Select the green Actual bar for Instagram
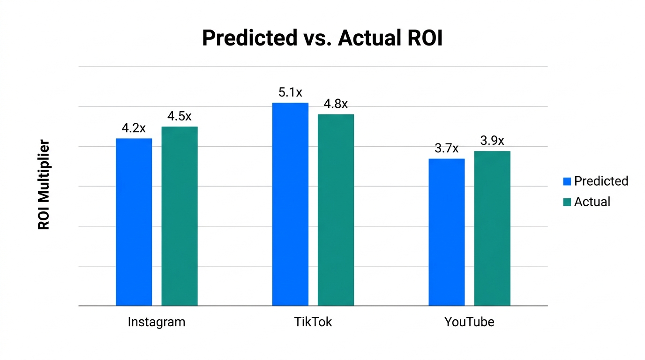[180, 216]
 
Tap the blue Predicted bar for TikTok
[290, 204]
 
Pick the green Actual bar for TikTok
[336, 210]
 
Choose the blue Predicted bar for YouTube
[446, 232]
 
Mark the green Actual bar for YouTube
[492, 228]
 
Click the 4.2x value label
[134, 128]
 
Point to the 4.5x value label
[180, 117]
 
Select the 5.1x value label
[290, 93]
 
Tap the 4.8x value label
[336, 104]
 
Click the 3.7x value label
[446, 149]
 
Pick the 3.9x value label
[492, 141]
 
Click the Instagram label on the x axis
[157, 322]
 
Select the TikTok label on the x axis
[313, 322]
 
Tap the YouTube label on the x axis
[469, 322]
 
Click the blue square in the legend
[567, 181]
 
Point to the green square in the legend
[567, 202]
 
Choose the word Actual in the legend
[592, 202]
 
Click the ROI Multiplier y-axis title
[44, 185]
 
